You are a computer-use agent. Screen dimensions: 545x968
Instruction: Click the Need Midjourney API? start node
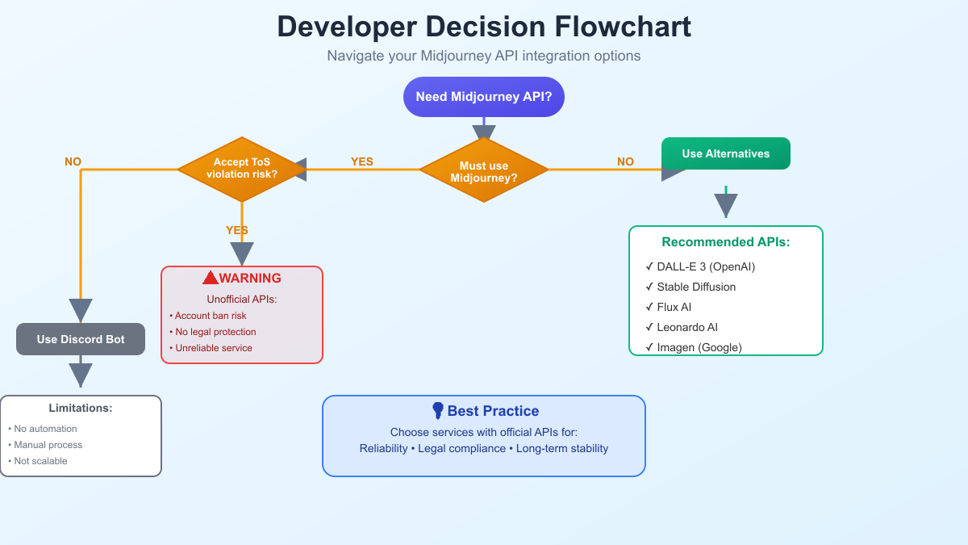tap(484, 97)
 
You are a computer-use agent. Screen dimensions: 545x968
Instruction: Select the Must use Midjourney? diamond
tap(484, 170)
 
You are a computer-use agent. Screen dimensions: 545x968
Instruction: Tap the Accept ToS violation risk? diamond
tap(242, 169)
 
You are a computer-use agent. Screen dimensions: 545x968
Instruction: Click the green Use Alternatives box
tap(725, 153)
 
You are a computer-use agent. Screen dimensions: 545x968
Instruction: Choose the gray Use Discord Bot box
tap(81, 339)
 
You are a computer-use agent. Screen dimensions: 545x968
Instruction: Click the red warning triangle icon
tap(211, 278)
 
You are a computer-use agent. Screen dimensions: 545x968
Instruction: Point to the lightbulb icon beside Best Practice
tap(438, 411)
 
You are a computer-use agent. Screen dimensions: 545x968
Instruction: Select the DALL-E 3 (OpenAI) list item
tap(705, 266)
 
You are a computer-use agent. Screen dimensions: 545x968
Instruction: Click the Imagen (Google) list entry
tap(699, 347)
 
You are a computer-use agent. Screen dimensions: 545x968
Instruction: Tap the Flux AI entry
tap(674, 307)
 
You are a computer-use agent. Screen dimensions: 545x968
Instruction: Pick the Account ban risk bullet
tap(210, 316)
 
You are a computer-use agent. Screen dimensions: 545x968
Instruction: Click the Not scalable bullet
tap(40, 461)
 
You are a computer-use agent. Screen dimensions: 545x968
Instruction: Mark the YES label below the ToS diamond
tap(237, 230)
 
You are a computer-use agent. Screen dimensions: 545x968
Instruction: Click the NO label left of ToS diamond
tap(73, 161)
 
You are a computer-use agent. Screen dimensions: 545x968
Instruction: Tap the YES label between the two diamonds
tap(362, 161)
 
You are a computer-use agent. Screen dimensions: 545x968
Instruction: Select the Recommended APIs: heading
tap(725, 242)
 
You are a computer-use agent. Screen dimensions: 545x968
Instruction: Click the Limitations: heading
tap(81, 408)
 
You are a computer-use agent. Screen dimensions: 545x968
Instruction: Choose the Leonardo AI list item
tap(686, 327)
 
